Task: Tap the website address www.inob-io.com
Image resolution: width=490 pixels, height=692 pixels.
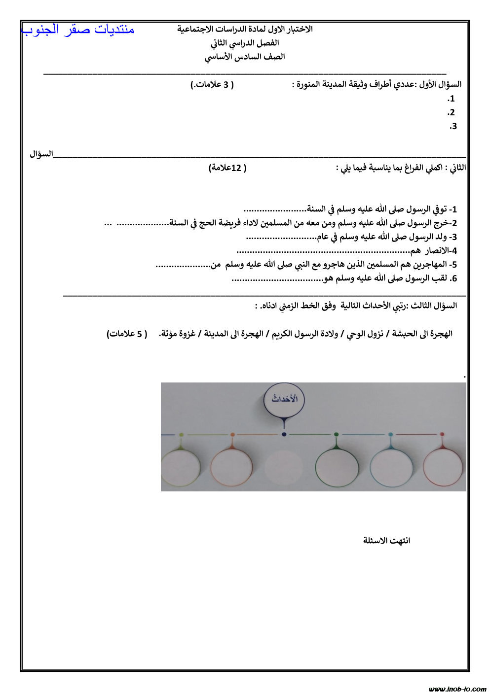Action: (x=457, y=689)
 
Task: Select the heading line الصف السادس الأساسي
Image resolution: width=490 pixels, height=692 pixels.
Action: (x=245, y=57)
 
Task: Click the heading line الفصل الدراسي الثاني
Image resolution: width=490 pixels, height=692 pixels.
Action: (x=245, y=43)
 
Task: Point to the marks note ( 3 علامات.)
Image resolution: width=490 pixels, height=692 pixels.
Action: (x=212, y=84)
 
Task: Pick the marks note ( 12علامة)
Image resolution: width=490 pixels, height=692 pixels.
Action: (x=227, y=168)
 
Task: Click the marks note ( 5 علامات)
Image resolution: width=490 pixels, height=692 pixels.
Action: (x=127, y=334)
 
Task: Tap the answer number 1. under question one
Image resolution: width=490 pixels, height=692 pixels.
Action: (x=451, y=99)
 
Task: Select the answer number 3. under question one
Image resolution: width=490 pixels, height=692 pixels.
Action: (x=452, y=126)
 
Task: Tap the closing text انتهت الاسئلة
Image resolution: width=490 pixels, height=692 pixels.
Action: (x=386, y=541)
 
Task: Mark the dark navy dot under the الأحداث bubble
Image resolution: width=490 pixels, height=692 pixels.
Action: (x=284, y=434)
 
